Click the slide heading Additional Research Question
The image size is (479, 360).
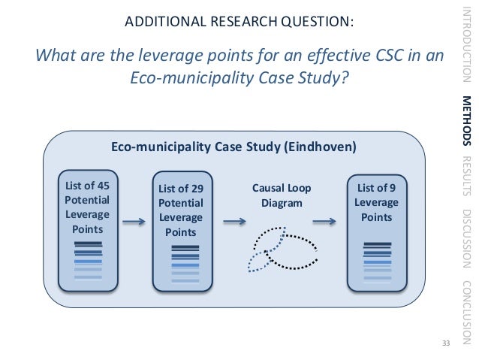click(x=239, y=21)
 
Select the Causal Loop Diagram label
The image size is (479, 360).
click(x=282, y=195)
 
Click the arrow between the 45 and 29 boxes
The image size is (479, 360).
click(x=133, y=221)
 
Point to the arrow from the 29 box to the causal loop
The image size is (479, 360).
click(x=234, y=221)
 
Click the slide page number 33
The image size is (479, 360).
click(x=445, y=343)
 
